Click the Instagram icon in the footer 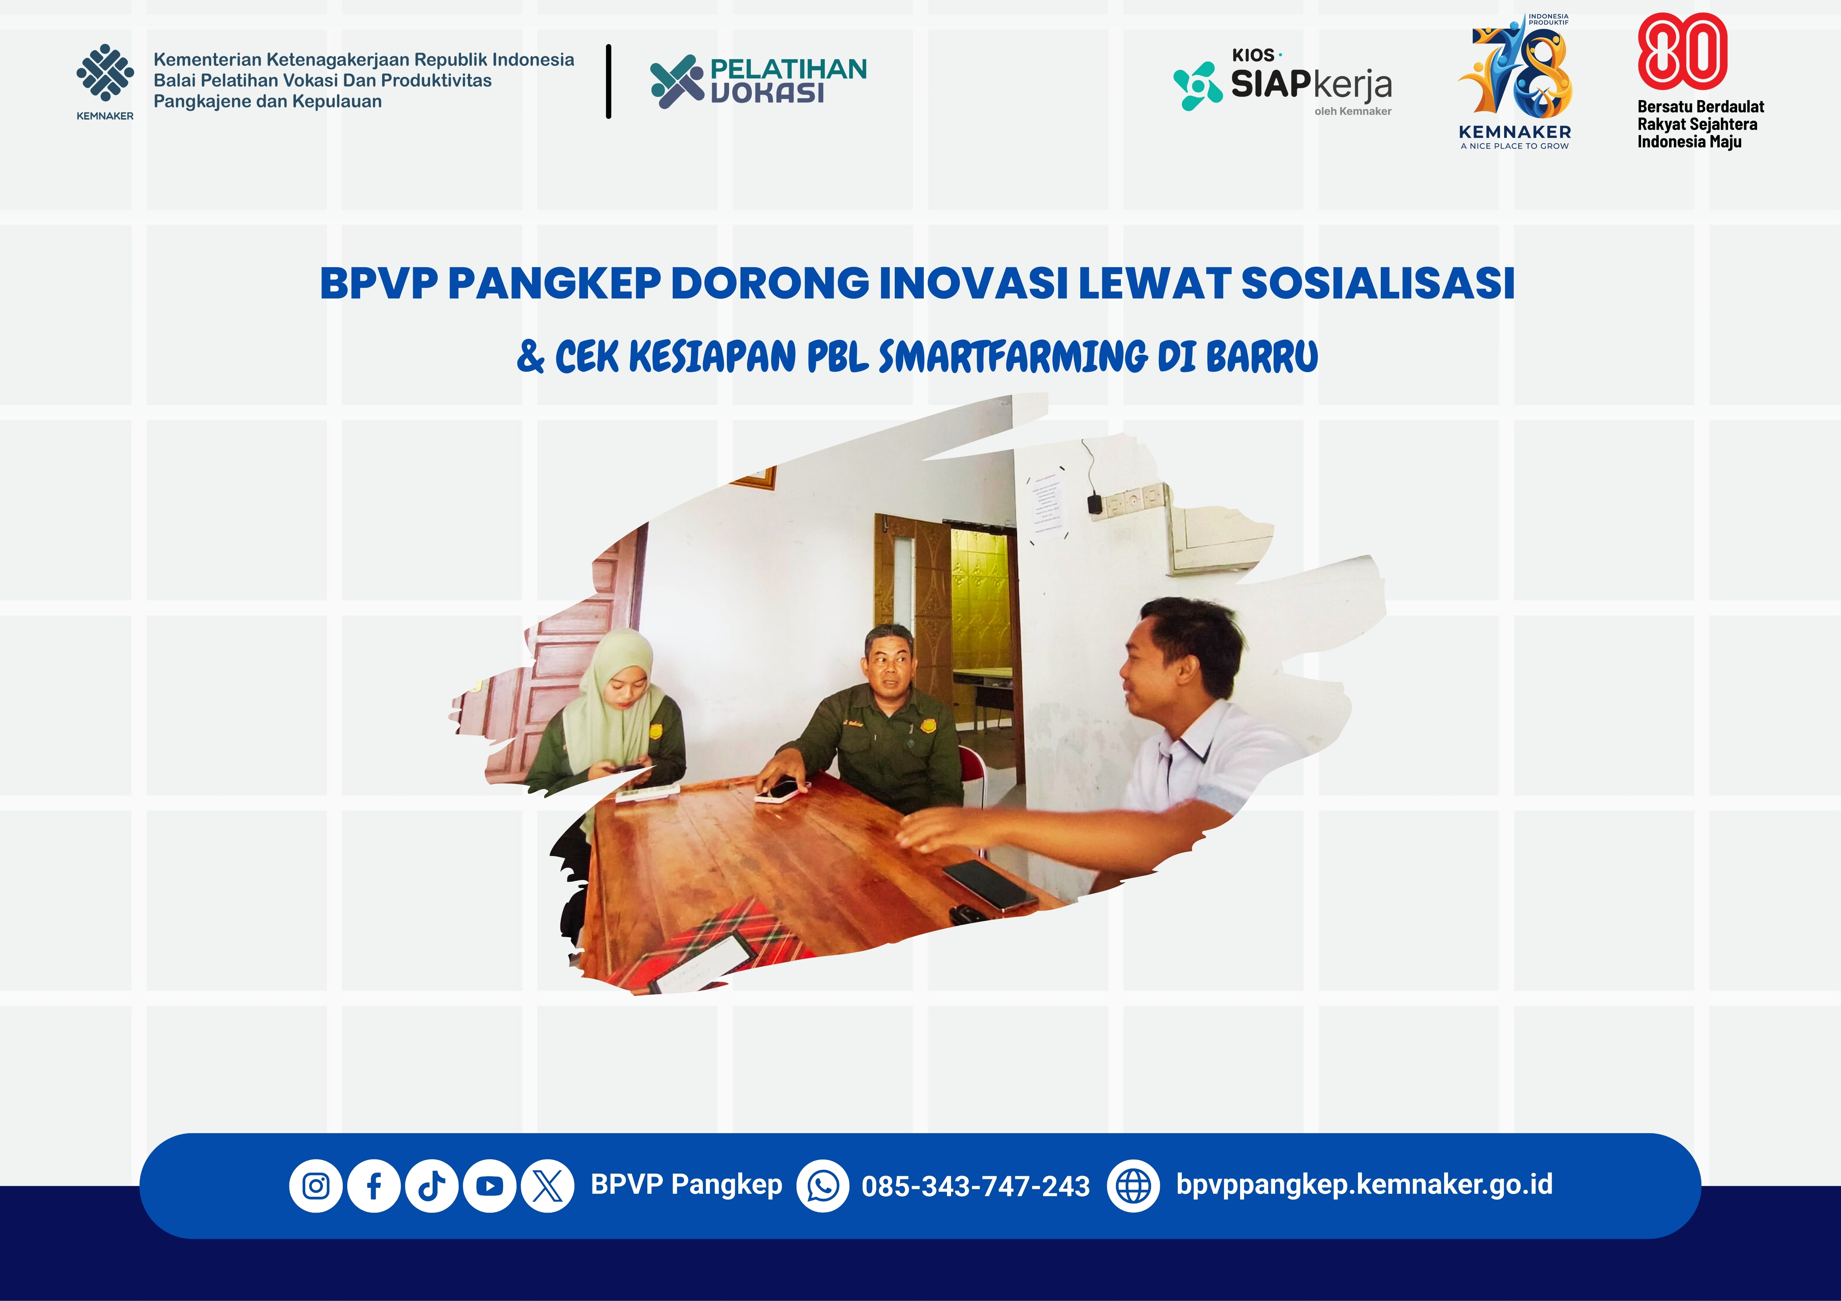316,1185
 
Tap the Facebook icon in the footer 374,1185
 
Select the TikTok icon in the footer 432,1185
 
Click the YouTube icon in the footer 490,1185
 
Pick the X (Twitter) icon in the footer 548,1185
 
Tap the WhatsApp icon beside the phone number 823,1185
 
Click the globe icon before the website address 1133,1185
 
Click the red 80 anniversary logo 1682,50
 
